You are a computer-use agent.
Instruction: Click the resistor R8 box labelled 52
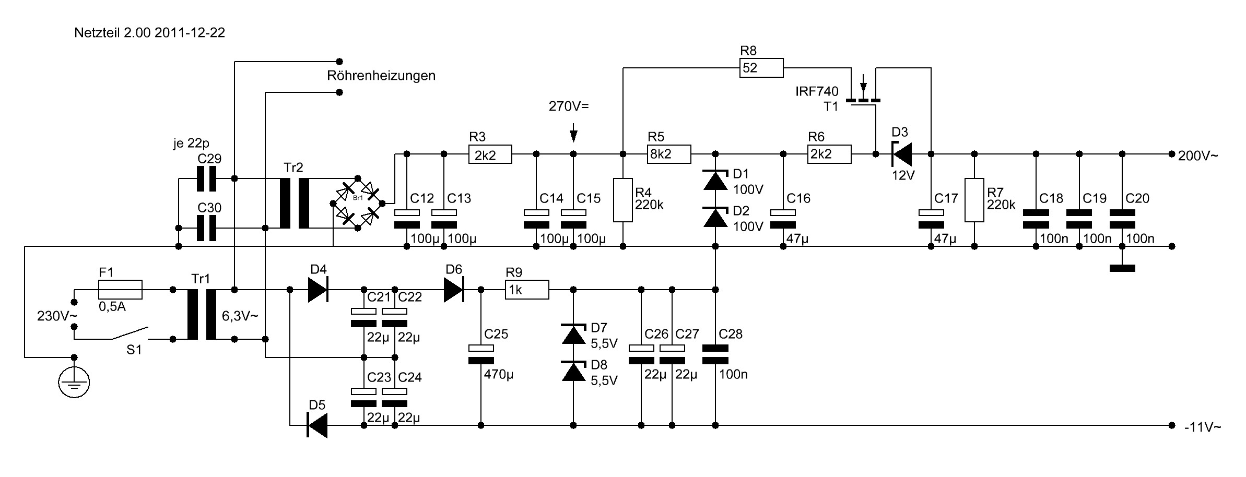pos(761,68)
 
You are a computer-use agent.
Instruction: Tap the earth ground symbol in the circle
pos(74,383)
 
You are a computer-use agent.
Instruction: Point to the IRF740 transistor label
pos(817,92)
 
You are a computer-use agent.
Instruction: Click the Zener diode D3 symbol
pos(901,154)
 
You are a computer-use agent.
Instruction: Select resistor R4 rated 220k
pos(623,200)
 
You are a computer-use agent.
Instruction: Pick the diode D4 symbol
pos(318,290)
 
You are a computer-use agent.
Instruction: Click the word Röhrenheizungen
pos(381,76)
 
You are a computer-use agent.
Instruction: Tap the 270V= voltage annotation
pos(568,106)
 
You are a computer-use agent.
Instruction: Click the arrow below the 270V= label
pos(573,133)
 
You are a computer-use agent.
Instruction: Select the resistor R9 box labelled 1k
pos(527,290)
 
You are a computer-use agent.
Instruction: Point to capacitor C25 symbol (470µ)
pos(480,354)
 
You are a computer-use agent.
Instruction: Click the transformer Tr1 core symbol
pos(202,315)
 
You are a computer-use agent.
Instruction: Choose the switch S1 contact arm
pos(131,332)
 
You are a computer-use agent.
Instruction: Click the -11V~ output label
pos(1203,427)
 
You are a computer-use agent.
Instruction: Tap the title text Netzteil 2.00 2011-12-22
pos(149,33)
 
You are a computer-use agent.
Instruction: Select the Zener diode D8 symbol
pos(573,372)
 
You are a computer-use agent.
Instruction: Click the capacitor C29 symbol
pos(206,179)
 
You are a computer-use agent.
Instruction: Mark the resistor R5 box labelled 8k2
pos(669,154)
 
